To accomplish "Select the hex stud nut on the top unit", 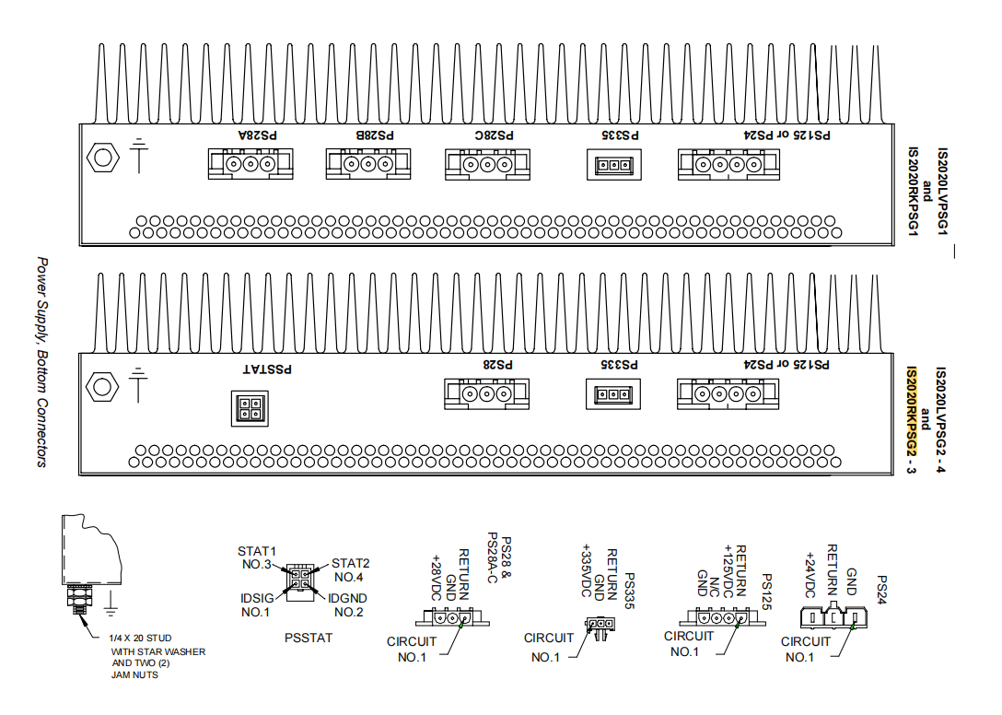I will click(100, 159).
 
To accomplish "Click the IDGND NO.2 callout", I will click(348, 604).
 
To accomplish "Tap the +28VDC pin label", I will click(436, 577).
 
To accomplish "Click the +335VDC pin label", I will click(584, 572).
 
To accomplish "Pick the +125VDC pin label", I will click(727, 572).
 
